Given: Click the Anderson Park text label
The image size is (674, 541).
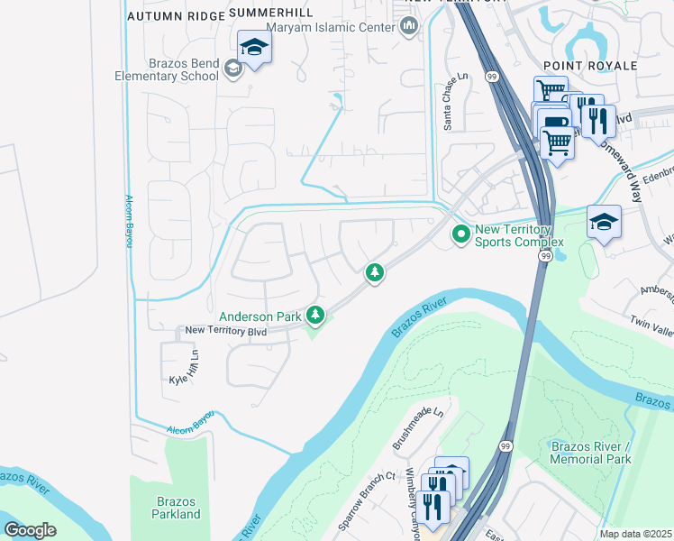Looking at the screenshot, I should pos(260,316).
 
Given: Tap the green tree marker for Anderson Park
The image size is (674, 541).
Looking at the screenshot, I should pos(314,315).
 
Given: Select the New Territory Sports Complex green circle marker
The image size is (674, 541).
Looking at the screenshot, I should pos(461,234).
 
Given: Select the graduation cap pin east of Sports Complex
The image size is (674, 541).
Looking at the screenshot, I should pos(603,221).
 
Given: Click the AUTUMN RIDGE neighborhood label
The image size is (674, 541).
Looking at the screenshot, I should pos(174,16).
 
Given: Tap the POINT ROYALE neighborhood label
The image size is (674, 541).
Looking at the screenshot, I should pos(590,66).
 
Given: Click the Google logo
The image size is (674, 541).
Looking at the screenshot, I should pos(30,530).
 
